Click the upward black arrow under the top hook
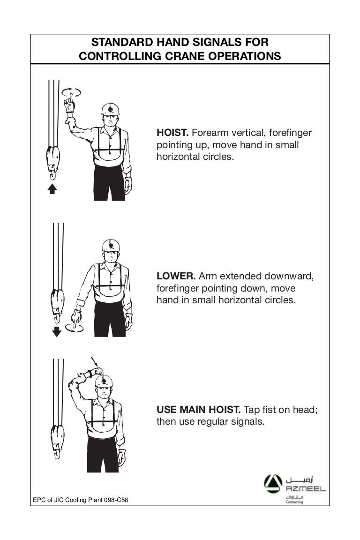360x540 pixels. coord(52,188)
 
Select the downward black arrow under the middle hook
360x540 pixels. coord(57,332)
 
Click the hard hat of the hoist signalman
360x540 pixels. coord(110,109)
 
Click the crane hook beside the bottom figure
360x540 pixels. coord(57,441)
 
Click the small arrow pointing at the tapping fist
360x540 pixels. coord(94,361)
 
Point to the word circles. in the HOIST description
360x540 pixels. coord(217,157)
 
